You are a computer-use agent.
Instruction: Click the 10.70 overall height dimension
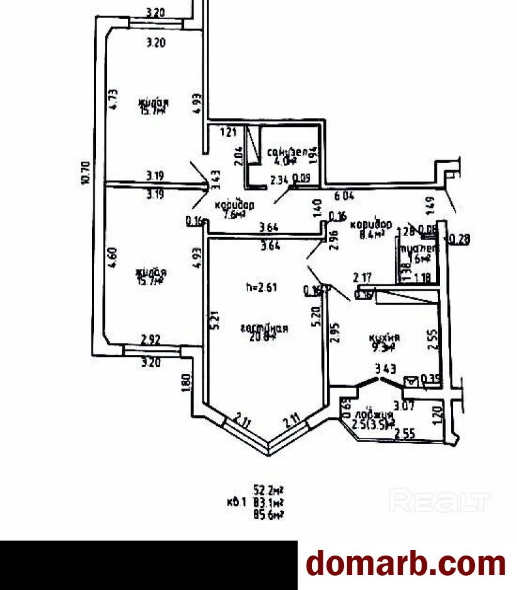click(x=86, y=174)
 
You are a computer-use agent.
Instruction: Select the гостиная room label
click(x=264, y=328)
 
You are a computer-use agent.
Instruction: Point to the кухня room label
click(x=384, y=337)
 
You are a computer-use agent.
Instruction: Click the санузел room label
click(x=287, y=151)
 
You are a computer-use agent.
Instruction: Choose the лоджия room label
click(x=373, y=415)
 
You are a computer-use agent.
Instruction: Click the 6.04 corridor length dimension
click(x=344, y=195)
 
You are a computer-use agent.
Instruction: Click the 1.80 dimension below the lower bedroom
click(x=185, y=382)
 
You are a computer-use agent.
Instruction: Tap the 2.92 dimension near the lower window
click(x=151, y=340)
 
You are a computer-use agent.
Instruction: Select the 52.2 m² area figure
click(x=268, y=489)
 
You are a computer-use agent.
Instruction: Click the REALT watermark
click(x=439, y=501)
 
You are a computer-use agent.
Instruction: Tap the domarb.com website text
click(x=406, y=563)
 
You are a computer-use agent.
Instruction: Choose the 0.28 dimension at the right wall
click(x=459, y=239)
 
